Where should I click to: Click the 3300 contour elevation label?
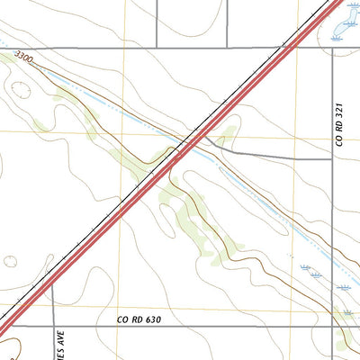point(24,59)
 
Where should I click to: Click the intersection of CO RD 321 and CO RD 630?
point(333,327)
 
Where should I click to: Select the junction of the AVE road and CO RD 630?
point(53,327)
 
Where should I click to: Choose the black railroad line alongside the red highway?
point(135,189)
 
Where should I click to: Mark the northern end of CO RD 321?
point(333,49)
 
